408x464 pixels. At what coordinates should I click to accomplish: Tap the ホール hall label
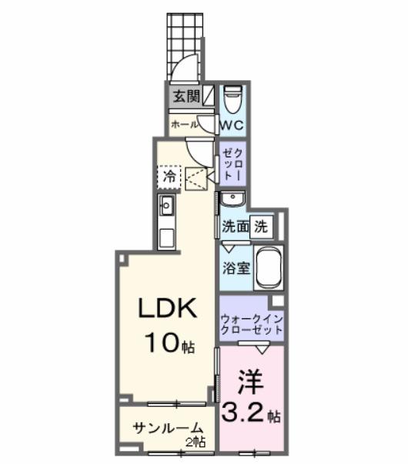pos(184,123)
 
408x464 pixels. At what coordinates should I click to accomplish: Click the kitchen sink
pos(167,206)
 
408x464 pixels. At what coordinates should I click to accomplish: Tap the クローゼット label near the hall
pos(231,164)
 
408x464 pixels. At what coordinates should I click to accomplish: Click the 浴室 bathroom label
pos(235,268)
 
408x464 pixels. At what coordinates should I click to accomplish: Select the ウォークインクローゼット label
pos(251,324)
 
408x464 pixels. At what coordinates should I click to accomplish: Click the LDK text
pos(168,309)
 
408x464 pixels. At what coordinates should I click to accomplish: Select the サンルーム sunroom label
pos(167,429)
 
